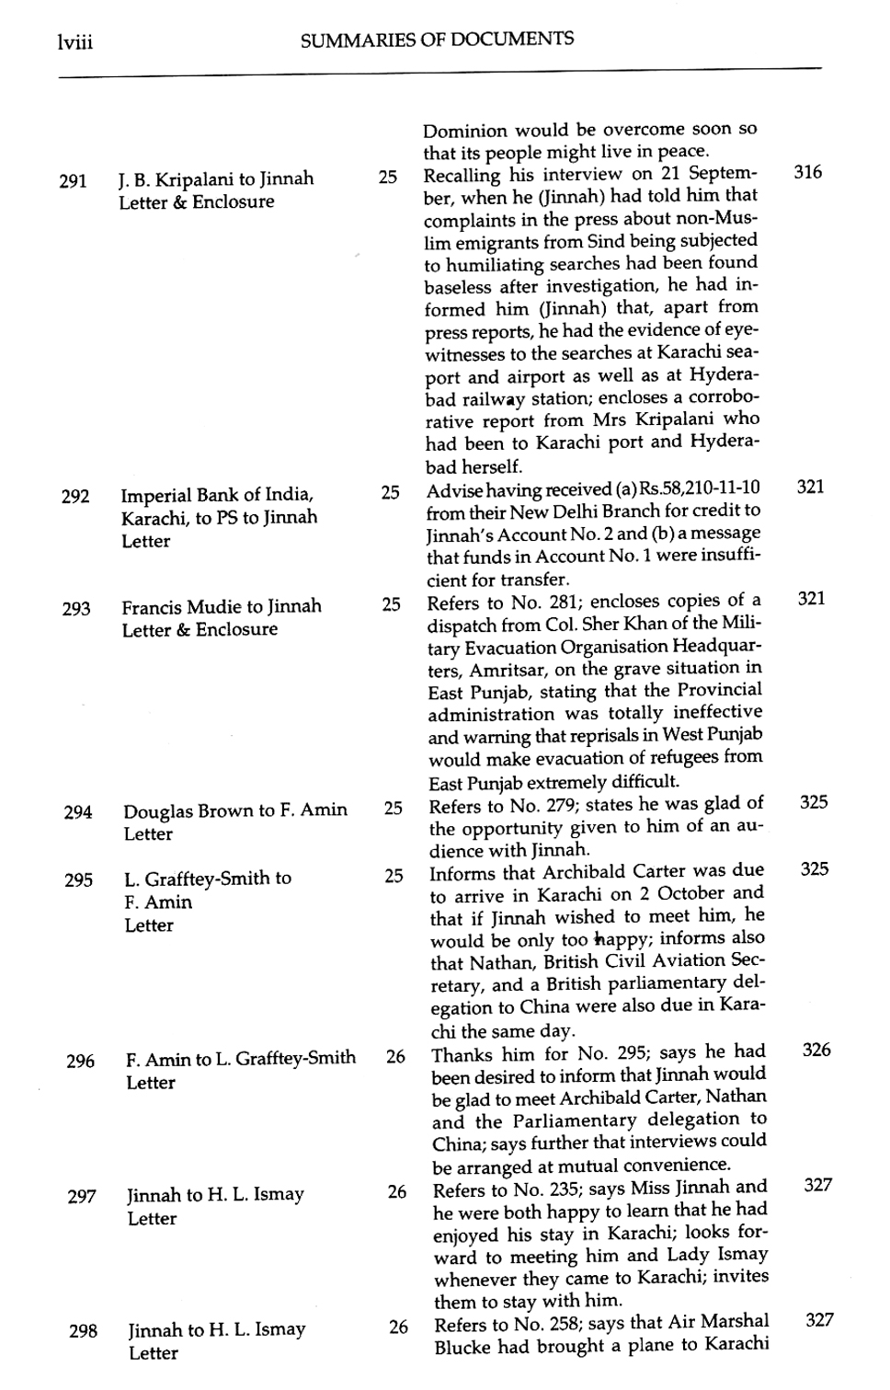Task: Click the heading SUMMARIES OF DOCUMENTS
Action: (x=437, y=40)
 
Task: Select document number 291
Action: (x=73, y=181)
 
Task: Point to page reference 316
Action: (x=807, y=172)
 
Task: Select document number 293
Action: (x=76, y=609)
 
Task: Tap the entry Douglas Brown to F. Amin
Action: (x=235, y=810)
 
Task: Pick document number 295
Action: (x=79, y=880)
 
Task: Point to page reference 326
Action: (x=816, y=1050)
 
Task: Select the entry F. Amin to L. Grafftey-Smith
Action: (x=240, y=1059)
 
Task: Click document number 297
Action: (x=82, y=1197)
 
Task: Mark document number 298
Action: (x=83, y=1331)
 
